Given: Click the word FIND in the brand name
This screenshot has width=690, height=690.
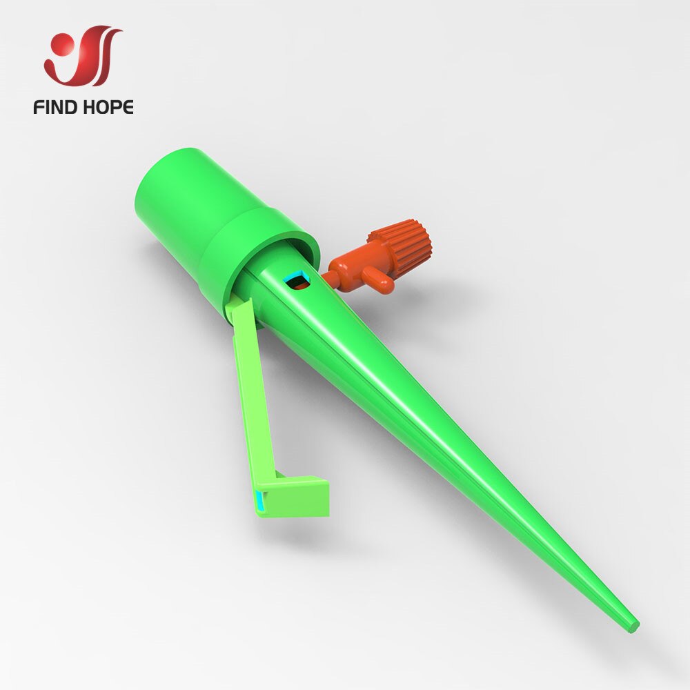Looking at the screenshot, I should [x=57, y=107].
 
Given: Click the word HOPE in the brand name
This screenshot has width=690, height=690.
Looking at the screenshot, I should [x=109, y=107].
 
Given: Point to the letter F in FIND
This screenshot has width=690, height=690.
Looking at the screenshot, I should [x=38, y=107].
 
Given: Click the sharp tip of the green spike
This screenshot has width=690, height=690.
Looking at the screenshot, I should [x=633, y=625].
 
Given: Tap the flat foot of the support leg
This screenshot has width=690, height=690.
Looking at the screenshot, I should [x=297, y=495].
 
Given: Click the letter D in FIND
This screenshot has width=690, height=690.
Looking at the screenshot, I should [x=75, y=107].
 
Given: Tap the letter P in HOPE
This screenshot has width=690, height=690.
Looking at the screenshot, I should [x=117, y=107].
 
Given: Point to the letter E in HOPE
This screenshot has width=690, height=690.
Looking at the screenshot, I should [x=128, y=107].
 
